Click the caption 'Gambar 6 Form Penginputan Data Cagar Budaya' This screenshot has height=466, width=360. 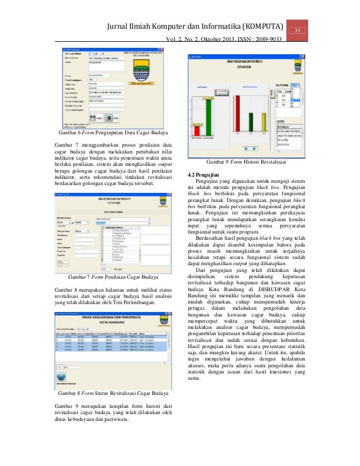click(111, 133)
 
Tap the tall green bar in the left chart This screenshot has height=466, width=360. click(209, 115)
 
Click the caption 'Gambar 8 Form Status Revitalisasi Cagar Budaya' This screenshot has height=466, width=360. click(113, 393)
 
